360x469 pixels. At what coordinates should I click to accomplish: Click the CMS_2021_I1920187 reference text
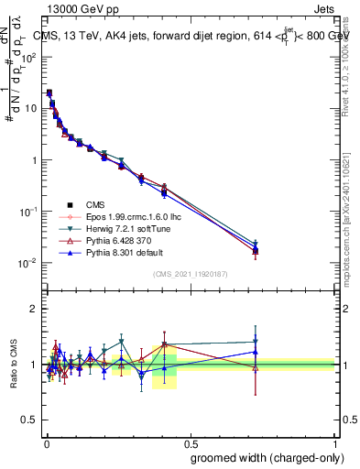pyautogui.click(x=189, y=275)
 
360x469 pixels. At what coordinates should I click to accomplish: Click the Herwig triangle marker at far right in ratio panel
pyautogui.click(x=256, y=342)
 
